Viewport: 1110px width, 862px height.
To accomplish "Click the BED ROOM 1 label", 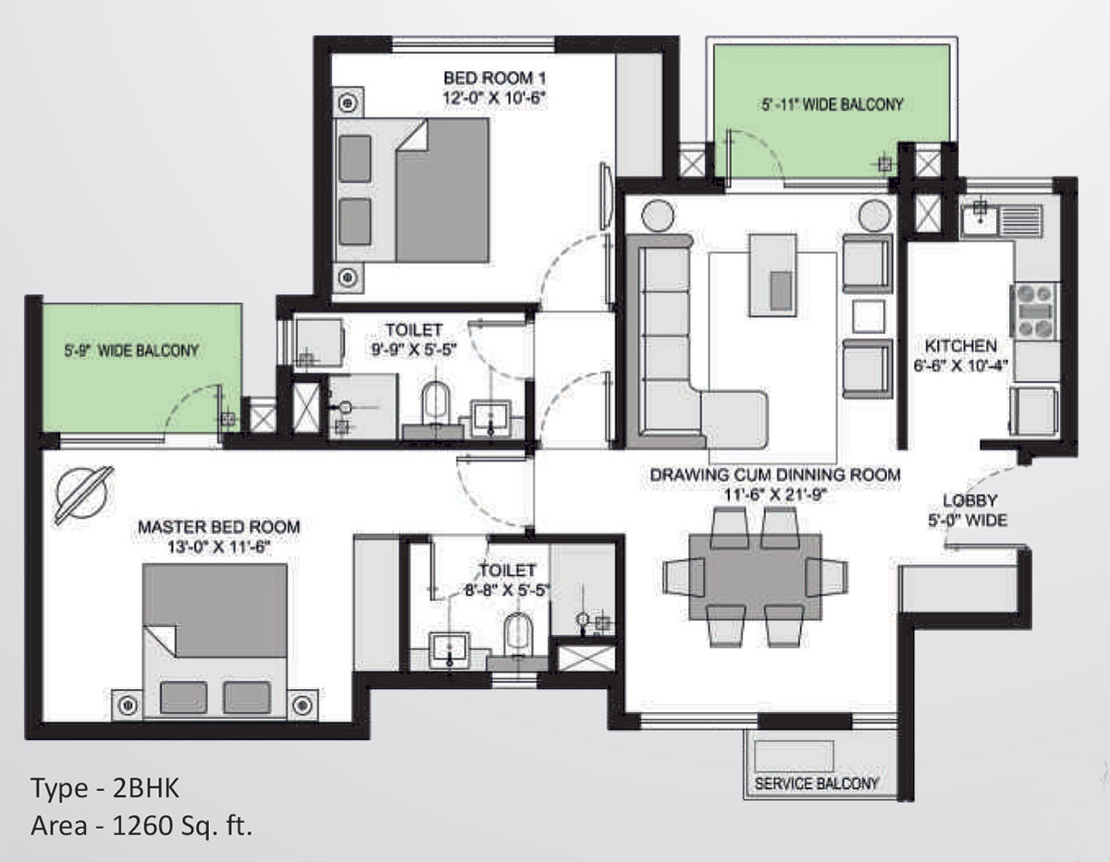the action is tap(494, 78).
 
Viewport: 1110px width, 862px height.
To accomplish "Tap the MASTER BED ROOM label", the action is tap(218, 526).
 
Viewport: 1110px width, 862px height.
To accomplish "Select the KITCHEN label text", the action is tap(961, 346).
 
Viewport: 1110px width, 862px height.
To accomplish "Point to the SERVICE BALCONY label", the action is tap(816, 782).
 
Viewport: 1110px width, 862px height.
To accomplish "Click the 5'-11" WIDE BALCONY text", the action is tap(832, 105).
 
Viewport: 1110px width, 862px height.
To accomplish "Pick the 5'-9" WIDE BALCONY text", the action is tap(131, 351).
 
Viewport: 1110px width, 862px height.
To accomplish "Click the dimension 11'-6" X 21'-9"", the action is tap(775, 495).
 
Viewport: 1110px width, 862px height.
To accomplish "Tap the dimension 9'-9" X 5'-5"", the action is tap(413, 351).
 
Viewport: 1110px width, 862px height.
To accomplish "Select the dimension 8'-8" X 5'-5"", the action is tap(507, 590).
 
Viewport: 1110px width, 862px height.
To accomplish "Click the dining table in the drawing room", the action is tap(756, 577).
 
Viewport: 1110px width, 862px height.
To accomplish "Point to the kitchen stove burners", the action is tap(1034, 311).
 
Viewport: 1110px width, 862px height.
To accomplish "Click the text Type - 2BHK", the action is tap(105, 787).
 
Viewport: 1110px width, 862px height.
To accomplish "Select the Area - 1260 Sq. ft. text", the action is tap(142, 826).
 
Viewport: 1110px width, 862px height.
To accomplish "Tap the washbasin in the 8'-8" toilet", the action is tap(449, 649).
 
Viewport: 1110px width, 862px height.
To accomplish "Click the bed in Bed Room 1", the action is tap(412, 191).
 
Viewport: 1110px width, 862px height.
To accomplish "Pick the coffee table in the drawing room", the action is tap(772, 275).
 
